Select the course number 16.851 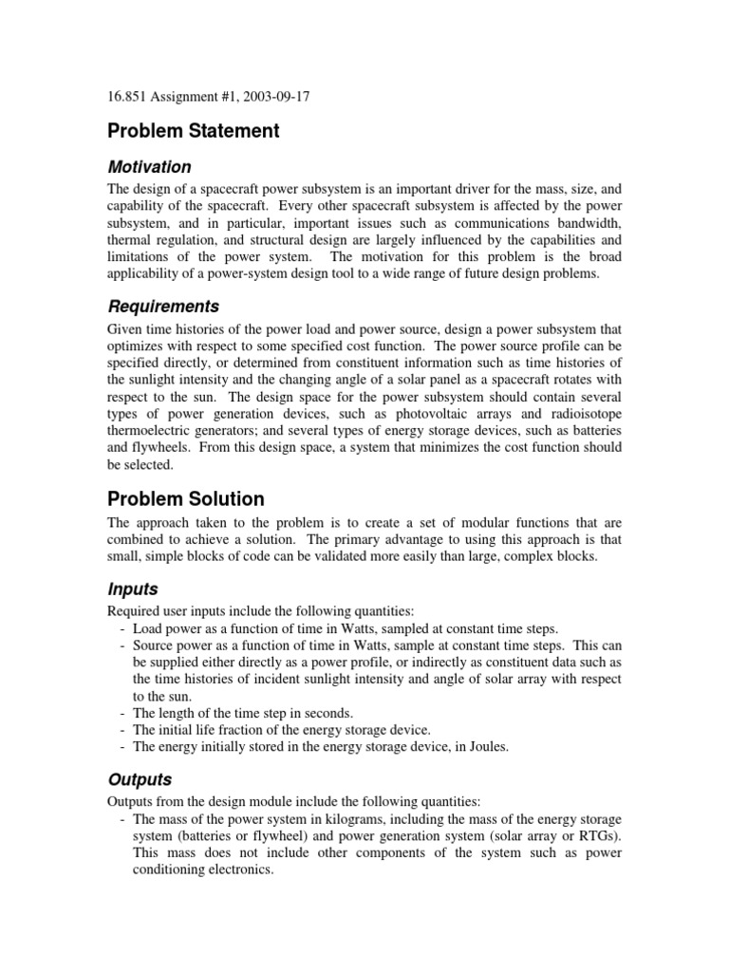[125, 97]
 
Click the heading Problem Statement [193, 131]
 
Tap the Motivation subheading [149, 166]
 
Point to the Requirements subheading [163, 306]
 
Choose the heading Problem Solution [186, 498]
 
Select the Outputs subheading [140, 779]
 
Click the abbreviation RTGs [596, 835]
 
